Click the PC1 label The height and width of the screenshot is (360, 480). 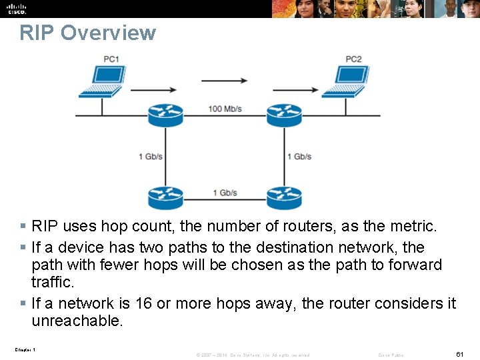point(111,59)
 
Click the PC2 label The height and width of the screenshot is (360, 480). point(353,59)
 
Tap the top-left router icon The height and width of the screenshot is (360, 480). point(165,115)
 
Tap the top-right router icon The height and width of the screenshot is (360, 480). point(284,115)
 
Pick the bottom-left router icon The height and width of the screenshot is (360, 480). point(165,197)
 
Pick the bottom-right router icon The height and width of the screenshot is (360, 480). point(284,197)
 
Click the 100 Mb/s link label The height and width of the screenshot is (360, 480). point(225,108)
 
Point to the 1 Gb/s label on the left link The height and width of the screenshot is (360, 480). point(151,157)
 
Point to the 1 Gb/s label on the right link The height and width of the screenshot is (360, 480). point(299,157)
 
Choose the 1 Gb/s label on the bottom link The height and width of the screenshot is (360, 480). point(225,193)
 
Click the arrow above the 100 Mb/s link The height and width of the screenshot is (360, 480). point(225,81)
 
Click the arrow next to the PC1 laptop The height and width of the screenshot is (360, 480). point(154,89)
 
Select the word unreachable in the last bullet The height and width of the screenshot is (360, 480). point(77,321)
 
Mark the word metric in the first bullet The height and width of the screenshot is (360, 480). point(412,227)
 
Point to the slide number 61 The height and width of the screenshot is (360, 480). point(460,354)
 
